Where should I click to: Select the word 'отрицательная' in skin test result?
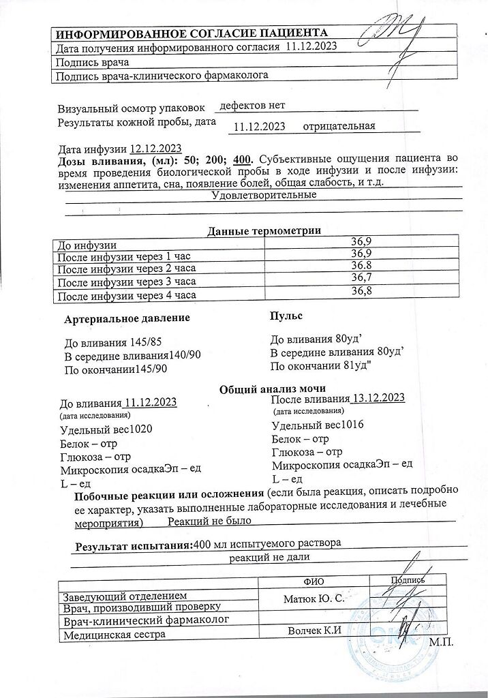[339, 126]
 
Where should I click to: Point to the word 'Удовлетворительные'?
[264, 196]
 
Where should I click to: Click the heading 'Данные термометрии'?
[264, 230]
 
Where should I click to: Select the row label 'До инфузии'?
[87, 244]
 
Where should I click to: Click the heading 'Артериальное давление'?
[127, 318]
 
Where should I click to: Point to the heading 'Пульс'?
[286, 316]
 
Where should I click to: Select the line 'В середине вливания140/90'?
[132, 356]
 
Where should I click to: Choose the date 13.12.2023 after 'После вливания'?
[379, 398]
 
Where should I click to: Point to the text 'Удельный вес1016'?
[318, 425]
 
